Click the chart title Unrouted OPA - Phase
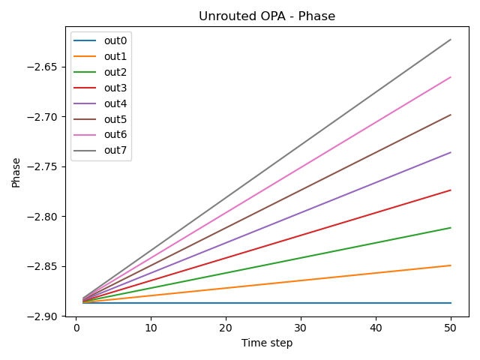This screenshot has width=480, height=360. (x=266, y=16)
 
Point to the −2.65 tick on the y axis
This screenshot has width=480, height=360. (x=48, y=67)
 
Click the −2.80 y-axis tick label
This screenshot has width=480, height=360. (x=48, y=217)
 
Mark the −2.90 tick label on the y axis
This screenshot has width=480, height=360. (x=48, y=316)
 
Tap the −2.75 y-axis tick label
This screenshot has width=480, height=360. (x=48, y=166)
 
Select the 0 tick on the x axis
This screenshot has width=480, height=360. (x=76, y=328)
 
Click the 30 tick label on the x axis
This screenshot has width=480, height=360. (x=301, y=328)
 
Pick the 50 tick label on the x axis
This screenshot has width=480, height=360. (x=451, y=328)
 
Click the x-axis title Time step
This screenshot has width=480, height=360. (x=266, y=343)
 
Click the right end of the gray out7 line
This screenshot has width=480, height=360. (x=451, y=39)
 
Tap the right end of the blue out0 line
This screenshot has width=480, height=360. (x=451, y=303)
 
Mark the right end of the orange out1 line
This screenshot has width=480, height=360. (x=451, y=265)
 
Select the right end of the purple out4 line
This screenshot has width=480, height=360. (x=451, y=152)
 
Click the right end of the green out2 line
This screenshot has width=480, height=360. (x=451, y=227)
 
